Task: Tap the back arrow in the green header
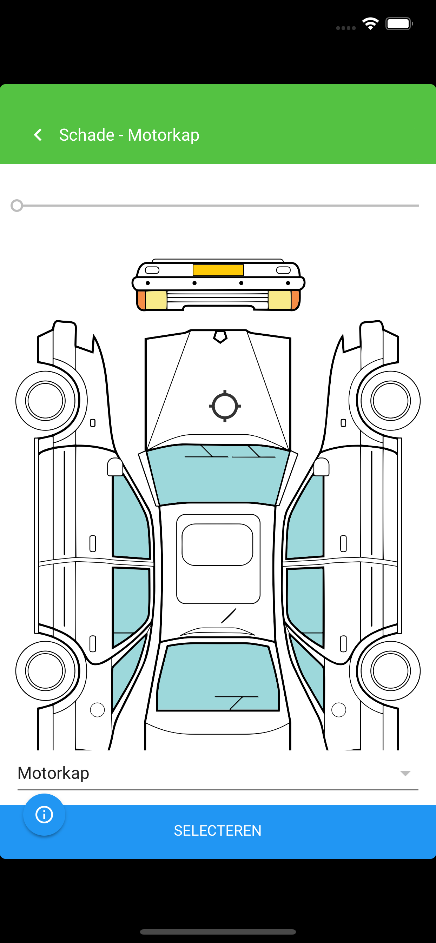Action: click(x=38, y=135)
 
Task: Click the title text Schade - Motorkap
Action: click(x=129, y=135)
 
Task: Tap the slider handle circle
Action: click(x=17, y=206)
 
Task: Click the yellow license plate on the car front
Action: click(x=218, y=270)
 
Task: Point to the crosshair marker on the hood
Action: click(x=225, y=406)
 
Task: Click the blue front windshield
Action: click(x=218, y=474)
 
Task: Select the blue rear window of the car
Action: click(x=218, y=677)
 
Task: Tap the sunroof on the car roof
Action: click(x=218, y=544)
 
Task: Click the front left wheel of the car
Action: click(x=45, y=401)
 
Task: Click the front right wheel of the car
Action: click(x=390, y=401)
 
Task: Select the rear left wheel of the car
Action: click(x=45, y=671)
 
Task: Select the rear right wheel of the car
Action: click(x=390, y=671)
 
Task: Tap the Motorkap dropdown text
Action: click(x=53, y=773)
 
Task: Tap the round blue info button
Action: click(x=44, y=815)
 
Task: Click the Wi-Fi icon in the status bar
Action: click(x=370, y=24)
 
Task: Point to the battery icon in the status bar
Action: click(x=399, y=24)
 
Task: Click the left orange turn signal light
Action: click(x=141, y=300)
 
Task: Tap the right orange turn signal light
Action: click(x=295, y=300)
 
